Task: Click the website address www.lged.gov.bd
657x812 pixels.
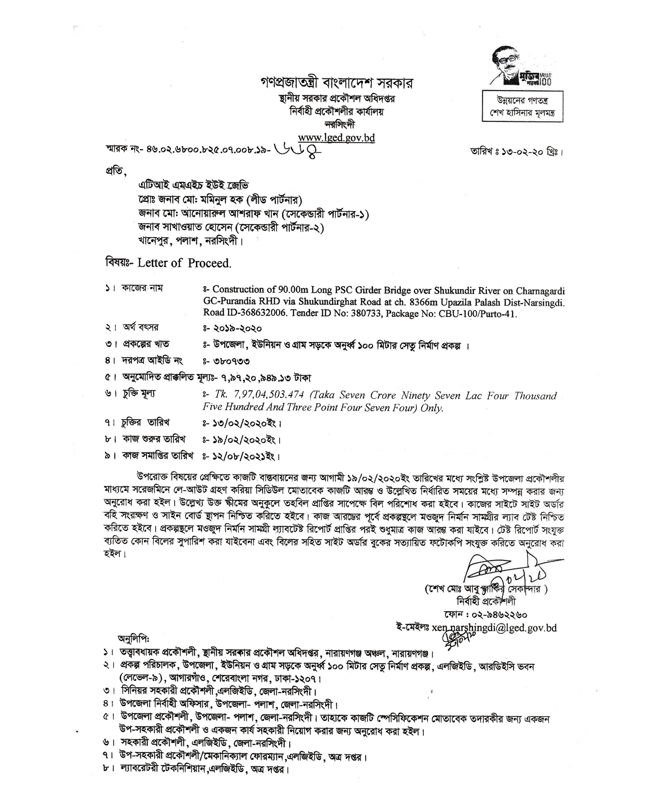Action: [336, 137]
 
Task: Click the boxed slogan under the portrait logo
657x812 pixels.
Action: [522, 106]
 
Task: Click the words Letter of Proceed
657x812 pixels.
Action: [184, 263]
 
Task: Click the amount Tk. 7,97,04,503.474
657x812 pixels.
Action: [259, 395]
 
